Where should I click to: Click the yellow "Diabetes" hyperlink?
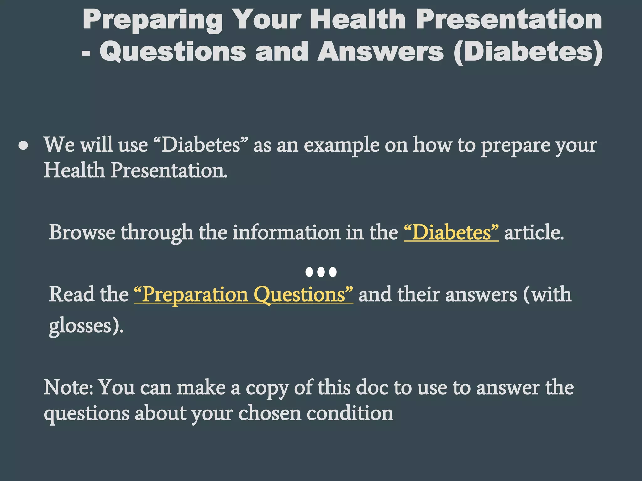tap(451, 232)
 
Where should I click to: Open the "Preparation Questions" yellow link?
tap(244, 295)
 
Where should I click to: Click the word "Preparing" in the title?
tap(153, 20)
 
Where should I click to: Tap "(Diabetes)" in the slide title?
tap(528, 52)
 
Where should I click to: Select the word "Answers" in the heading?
tap(381, 52)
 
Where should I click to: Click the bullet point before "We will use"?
tap(24, 146)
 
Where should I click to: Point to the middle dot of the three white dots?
tap(321, 272)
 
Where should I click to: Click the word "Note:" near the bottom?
tap(68, 387)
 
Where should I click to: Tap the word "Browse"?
tap(82, 232)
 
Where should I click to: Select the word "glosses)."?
tap(86, 326)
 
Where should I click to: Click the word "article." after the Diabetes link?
tap(534, 232)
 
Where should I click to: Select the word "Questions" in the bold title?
tap(173, 52)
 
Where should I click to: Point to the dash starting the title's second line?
tap(86, 53)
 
